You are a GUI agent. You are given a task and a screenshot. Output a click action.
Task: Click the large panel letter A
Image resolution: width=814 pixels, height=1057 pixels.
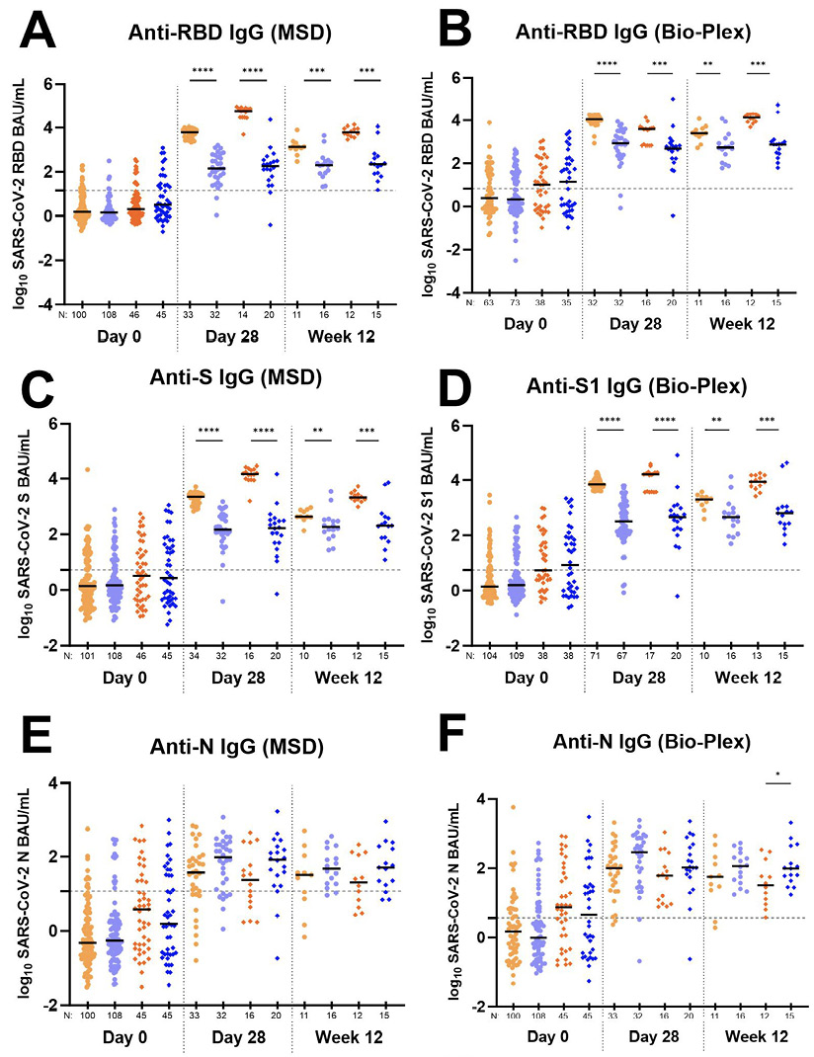pos(37,32)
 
